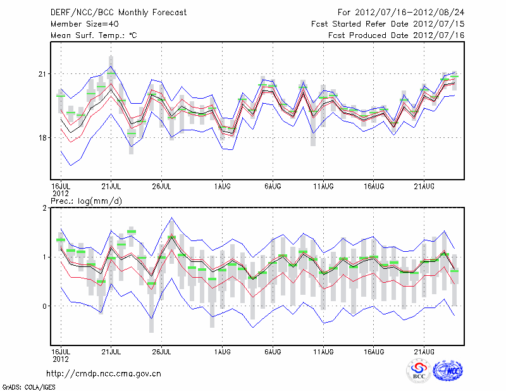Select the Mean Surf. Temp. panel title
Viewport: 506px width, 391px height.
click(x=94, y=35)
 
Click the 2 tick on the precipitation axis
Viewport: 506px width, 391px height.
click(x=46, y=208)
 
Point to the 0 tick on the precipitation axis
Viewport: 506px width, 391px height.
click(x=46, y=306)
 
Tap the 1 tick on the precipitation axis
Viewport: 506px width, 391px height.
click(x=46, y=257)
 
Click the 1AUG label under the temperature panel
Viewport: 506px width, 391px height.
click(x=222, y=187)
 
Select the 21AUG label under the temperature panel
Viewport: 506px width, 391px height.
click(x=424, y=187)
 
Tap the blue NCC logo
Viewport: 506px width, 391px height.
click(x=447, y=370)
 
